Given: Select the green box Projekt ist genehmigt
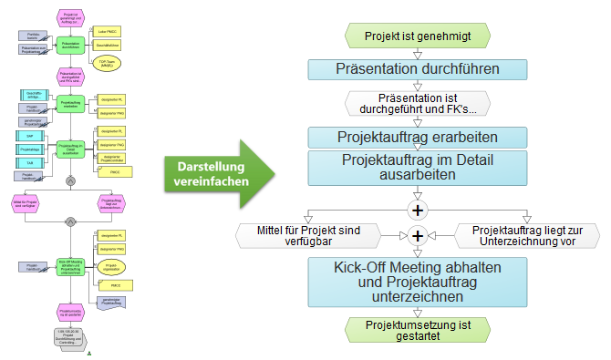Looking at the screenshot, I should pos(418,36).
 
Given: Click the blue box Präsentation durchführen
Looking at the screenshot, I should pos(418,68).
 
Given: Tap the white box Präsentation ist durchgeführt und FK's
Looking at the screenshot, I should pos(418,103).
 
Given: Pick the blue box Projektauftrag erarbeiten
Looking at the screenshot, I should pos(418,137).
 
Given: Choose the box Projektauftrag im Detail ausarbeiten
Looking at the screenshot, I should pos(418,168).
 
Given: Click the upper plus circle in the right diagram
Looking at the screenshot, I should pos(418,209).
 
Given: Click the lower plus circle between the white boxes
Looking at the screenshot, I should pos(418,235).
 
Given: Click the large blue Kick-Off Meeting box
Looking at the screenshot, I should pos(418,281).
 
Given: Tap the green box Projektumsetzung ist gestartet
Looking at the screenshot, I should pos(418,331).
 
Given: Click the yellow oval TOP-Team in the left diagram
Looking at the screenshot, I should pos(108,65).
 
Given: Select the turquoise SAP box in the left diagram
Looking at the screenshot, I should pos(30,135).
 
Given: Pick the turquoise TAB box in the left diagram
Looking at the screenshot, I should pos(30,162).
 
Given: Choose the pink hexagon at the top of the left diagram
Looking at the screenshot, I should pos(70,17).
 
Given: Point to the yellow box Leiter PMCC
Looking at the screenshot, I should pos(106,30).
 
